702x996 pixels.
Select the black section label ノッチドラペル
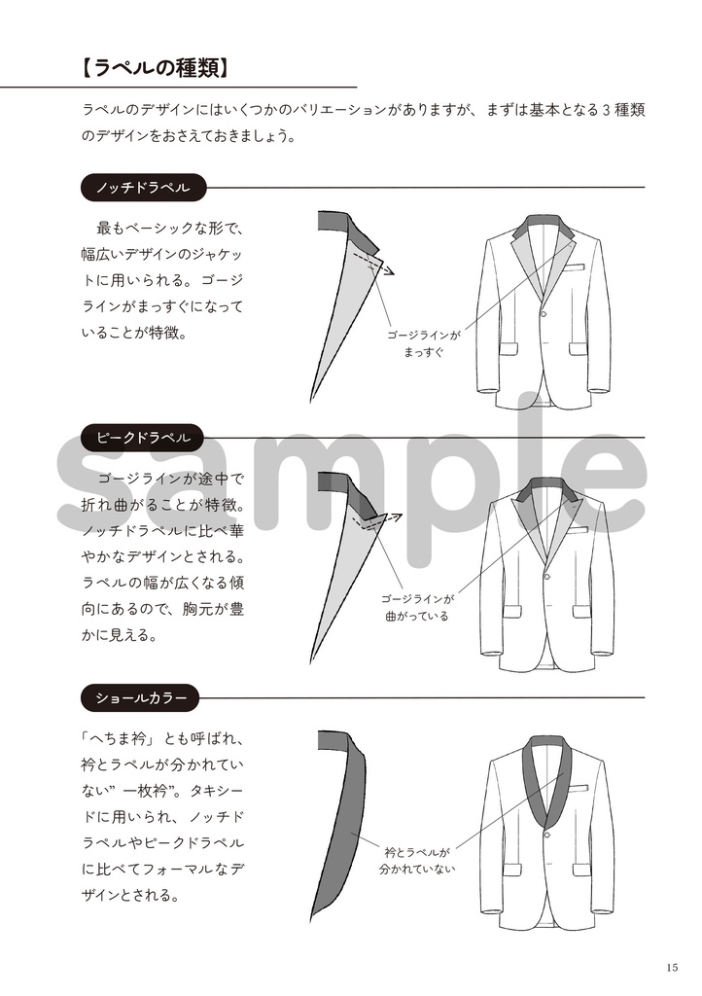[x=142, y=187]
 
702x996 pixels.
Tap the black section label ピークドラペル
[x=142, y=438]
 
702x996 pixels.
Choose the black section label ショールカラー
[x=142, y=697]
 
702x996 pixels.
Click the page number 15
[x=673, y=967]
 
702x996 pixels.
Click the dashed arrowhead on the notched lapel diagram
[x=390, y=271]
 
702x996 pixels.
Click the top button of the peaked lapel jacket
[x=546, y=574]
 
